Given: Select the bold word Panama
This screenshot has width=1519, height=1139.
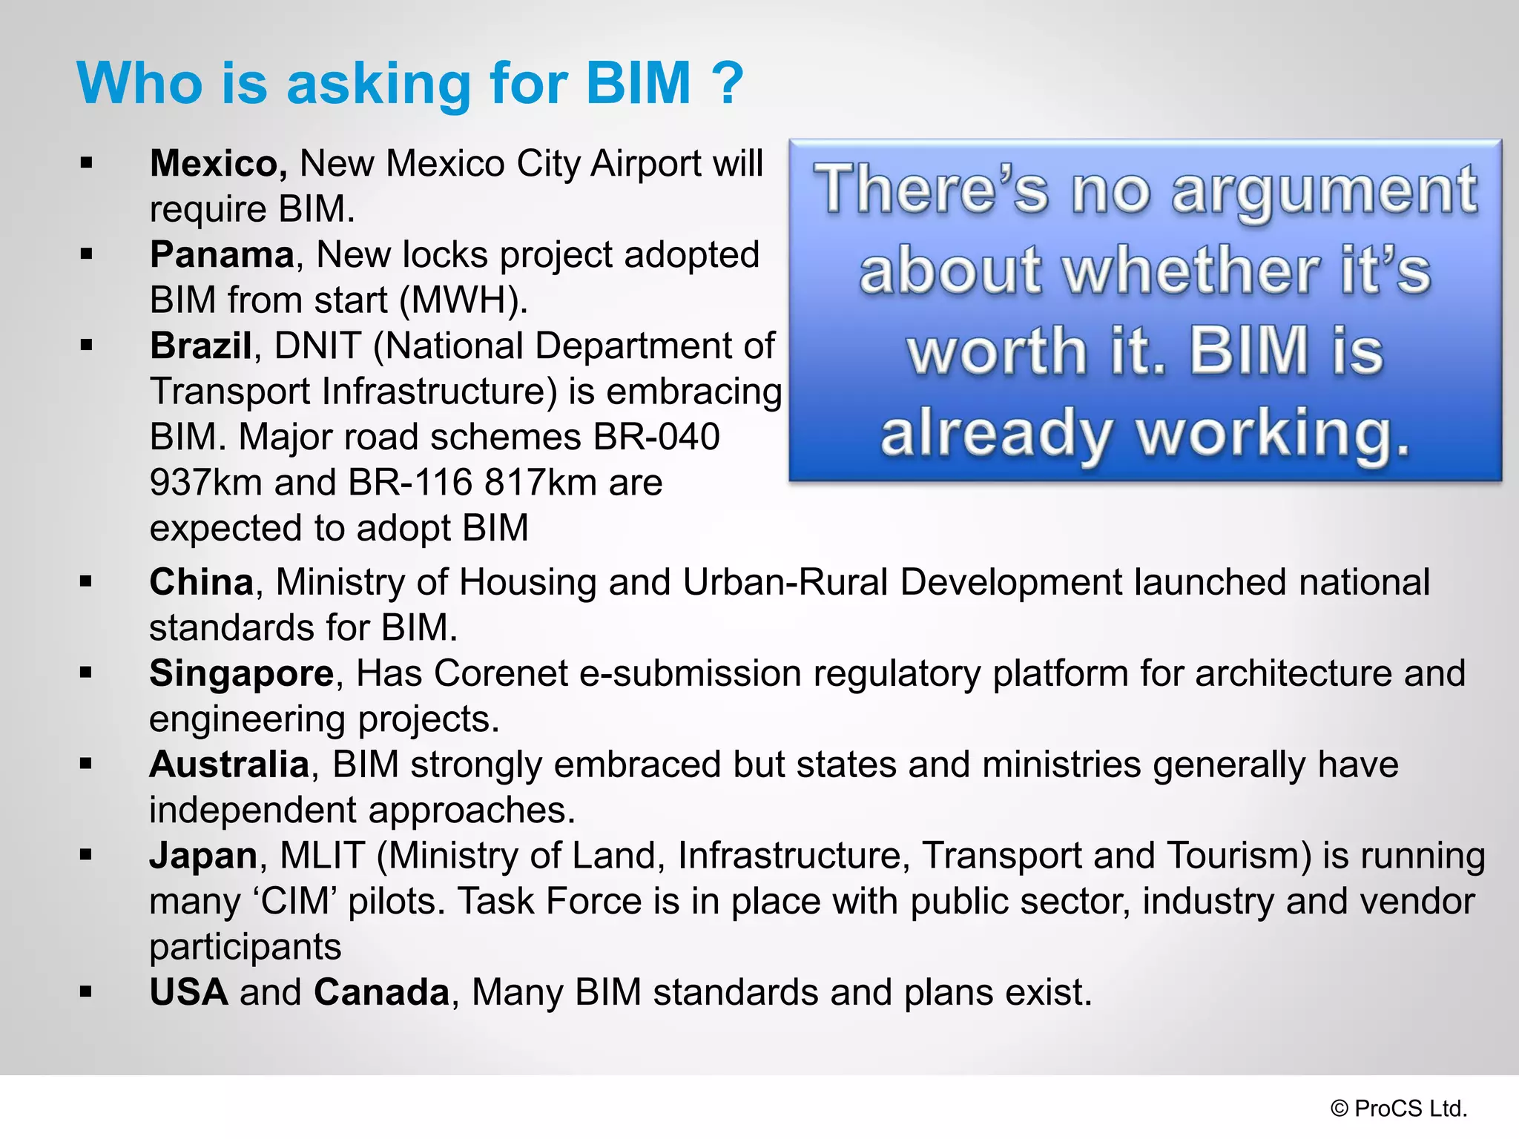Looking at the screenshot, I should (222, 255).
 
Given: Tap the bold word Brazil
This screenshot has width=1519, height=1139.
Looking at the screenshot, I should (200, 346).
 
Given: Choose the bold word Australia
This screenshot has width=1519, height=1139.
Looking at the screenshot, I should (229, 765).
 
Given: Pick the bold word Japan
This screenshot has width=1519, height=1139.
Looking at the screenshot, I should (203, 856).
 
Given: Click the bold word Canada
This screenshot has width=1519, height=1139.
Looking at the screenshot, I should (381, 993).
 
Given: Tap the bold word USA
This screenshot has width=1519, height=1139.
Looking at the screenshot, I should (188, 993).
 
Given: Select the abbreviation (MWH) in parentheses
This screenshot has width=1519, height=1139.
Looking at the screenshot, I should (464, 301).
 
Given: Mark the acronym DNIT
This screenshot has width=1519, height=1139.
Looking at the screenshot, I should (317, 346).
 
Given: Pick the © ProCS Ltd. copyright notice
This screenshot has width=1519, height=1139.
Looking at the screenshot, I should (1399, 1109).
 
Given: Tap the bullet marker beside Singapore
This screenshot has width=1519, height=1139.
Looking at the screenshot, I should (86, 673).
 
